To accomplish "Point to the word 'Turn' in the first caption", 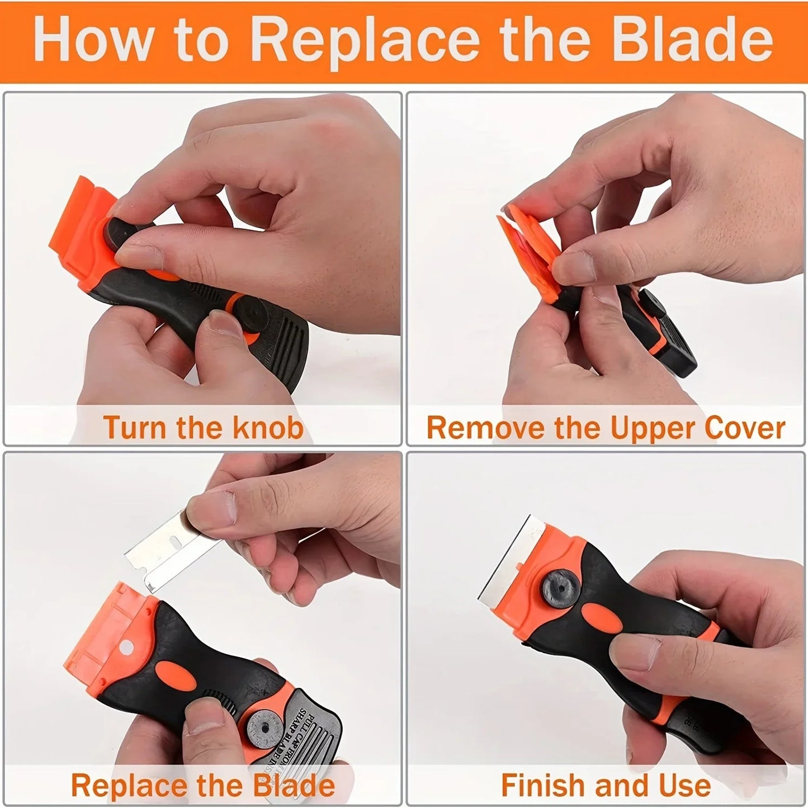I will click(x=134, y=428).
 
